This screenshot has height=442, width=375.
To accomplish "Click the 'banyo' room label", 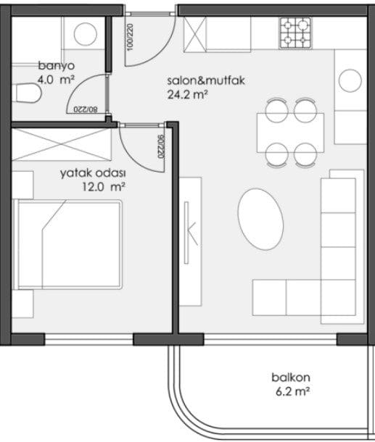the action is [57, 66].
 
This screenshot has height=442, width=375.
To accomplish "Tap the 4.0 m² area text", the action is [56, 80].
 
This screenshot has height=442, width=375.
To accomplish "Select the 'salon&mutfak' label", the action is [206, 80].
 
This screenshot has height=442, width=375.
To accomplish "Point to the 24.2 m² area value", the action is [188, 95].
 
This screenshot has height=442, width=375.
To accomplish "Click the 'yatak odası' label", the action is [93, 173].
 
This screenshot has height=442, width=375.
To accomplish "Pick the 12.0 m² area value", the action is [104, 187].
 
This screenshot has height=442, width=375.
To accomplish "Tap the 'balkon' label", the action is [291, 378].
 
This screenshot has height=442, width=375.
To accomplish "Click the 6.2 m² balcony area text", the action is [292, 391].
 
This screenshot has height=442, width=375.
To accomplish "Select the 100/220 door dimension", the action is [130, 37].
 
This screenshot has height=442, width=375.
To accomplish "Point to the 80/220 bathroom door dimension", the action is [86, 109].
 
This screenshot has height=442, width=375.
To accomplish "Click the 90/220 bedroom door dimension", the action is [160, 146].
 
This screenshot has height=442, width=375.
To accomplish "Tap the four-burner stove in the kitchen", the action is [295, 33].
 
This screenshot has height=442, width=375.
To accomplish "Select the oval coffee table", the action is [260, 220].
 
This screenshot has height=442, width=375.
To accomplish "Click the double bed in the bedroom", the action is [67, 244].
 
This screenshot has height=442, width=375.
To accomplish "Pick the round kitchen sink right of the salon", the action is [350, 80].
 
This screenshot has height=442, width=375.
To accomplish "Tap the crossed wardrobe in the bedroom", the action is [62, 144].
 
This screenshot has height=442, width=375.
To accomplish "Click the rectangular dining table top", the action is [290, 133].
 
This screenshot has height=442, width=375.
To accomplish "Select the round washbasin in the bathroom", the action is [86, 34].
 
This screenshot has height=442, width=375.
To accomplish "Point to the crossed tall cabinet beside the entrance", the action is [194, 34].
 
